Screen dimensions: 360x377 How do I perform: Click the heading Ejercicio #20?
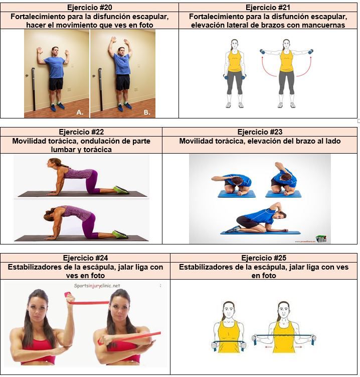[89, 8]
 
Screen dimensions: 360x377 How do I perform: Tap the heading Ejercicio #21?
[268, 8]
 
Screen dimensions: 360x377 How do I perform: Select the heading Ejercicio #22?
[81, 132]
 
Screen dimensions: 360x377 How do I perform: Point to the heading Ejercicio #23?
[260, 132]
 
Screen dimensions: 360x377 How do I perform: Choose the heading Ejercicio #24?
[85, 258]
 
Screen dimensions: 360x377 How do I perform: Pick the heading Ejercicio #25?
[264, 258]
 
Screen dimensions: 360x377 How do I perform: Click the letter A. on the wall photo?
[80, 112]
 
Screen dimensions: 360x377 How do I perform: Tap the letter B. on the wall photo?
[147, 112]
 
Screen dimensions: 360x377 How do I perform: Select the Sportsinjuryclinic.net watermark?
[97, 286]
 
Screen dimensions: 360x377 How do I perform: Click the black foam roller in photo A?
[34, 89]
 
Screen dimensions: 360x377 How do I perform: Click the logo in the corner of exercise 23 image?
[321, 238]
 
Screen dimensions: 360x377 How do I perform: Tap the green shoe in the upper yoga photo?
[121, 189]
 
